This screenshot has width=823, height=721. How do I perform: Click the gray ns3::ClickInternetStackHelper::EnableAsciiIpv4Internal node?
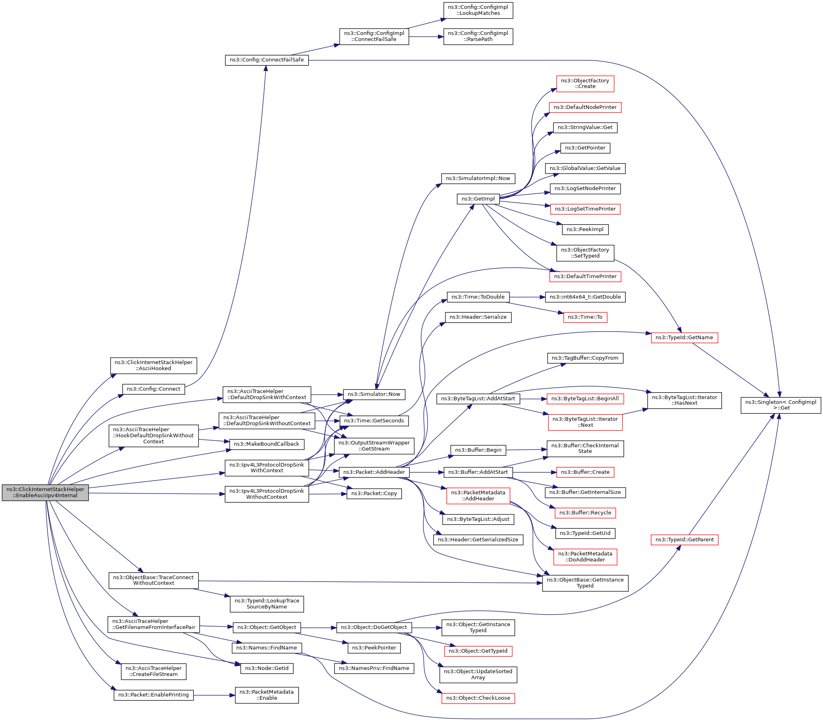click(45, 492)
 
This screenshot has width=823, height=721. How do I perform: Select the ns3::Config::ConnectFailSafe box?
click(266, 60)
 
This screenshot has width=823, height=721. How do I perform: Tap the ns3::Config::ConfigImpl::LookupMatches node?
click(478, 10)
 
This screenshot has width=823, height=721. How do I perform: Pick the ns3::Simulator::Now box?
click(373, 394)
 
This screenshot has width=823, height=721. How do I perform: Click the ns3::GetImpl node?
click(478, 199)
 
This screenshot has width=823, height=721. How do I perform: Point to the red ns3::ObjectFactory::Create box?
click(585, 84)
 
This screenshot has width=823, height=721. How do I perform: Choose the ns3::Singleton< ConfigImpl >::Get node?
click(781, 405)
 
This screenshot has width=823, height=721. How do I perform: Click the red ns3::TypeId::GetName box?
click(684, 337)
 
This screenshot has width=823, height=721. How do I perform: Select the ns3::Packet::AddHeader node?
click(374, 472)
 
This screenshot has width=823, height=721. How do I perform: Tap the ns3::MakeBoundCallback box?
click(266, 444)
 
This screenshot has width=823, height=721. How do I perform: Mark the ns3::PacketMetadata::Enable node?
click(266, 695)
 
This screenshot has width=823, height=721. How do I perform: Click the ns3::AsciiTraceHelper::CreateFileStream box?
click(153, 671)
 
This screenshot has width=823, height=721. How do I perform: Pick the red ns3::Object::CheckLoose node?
click(478, 698)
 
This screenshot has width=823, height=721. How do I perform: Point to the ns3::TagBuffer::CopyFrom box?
click(585, 358)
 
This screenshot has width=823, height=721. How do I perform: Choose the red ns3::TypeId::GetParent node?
click(685, 540)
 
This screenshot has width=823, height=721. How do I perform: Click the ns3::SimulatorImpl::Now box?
click(478, 178)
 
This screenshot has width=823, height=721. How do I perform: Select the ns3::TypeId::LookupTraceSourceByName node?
click(266, 604)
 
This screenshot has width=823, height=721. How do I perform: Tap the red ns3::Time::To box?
click(585, 317)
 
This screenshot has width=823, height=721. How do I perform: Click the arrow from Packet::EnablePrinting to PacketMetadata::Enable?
click(214, 695)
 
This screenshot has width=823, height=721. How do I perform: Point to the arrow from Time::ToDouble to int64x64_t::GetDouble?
click(527, 297)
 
